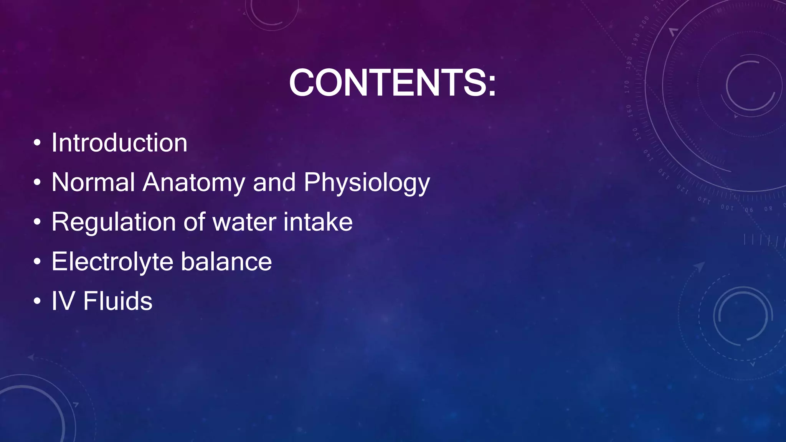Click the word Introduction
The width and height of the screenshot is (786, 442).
click(x=119, y=143)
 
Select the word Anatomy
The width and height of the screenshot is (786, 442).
click(x=193, y=183)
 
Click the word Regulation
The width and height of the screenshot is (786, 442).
click(x=113, y=223)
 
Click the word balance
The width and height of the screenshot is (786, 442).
click(x=226, y=262)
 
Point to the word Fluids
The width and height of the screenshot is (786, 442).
click(x=117, y=301)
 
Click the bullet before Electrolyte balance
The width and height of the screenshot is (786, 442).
click(x=37, y=262)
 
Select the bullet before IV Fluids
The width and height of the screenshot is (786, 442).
click(x=37, y=302)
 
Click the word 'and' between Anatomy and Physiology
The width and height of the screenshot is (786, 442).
click(x=274, y=182)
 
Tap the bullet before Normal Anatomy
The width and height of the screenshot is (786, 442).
click(x=37, y=183)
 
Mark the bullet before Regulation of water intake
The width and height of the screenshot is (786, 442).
click(x=37, y=223)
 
